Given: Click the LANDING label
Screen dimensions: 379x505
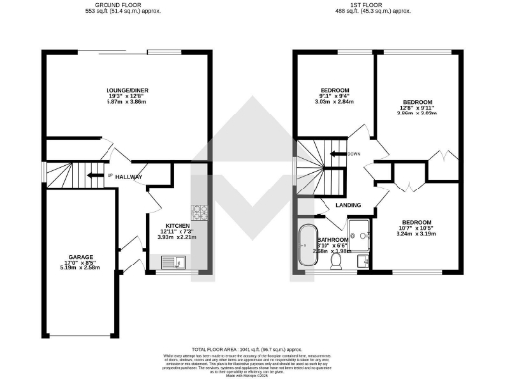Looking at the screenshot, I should [x=348, y=205].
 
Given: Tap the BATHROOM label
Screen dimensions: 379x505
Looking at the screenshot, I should [x=332, y=239].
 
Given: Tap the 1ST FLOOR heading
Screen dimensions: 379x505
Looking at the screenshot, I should [x=379, y=5].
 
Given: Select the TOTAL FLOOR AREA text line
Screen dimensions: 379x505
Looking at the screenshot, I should [x=252, y=349].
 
